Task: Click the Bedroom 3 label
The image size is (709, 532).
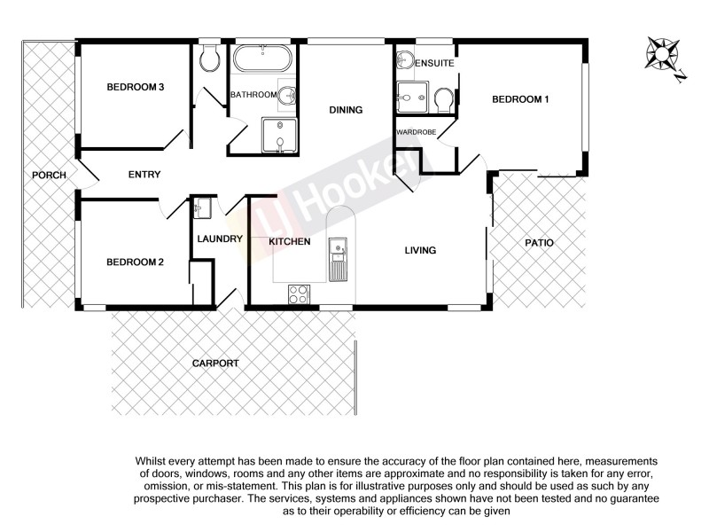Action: [136, 87]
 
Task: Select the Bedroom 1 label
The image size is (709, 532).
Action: [520, 99]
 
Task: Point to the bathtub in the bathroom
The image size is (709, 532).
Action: [262, 61]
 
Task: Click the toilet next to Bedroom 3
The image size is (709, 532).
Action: [210, 59]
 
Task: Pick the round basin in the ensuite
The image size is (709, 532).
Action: [405, 60]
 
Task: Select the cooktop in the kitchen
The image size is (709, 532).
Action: [299, 293]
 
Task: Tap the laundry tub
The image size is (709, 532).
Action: [203, 208]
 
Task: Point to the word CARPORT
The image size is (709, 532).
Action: [216, 364]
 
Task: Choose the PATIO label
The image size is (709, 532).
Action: [539, 241]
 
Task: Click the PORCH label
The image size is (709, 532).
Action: [49, 175]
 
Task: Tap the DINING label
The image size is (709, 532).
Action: [346, 111]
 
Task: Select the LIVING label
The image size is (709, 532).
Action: [420, 250]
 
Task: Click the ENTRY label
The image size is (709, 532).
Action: [144, 175]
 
